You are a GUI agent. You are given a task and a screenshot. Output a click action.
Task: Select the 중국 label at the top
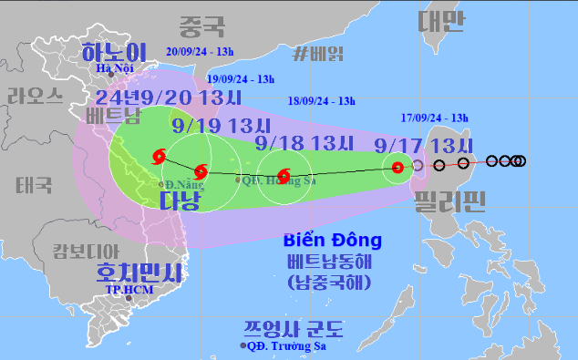click(202, 25)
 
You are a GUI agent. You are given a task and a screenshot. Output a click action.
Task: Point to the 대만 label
click(442, 20)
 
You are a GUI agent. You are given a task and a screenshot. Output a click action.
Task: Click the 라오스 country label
click(35, 96)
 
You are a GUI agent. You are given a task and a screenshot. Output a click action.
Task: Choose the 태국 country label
click(34, 185)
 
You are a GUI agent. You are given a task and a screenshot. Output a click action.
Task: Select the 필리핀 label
click(449, 200)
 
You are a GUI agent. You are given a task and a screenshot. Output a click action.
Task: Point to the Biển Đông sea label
click(333, 241)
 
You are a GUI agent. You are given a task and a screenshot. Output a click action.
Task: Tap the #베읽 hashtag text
click(319, 53)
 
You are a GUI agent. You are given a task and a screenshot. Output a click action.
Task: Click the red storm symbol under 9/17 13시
click(397, 167)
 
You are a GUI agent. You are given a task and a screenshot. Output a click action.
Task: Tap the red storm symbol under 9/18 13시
click(283, 174)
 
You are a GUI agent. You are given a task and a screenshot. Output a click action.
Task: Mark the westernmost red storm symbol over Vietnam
click(160, 156)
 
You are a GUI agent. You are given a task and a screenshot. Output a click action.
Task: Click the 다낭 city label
click(180, 201)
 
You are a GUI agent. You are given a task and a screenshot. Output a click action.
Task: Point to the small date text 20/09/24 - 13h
click(201, 51)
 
